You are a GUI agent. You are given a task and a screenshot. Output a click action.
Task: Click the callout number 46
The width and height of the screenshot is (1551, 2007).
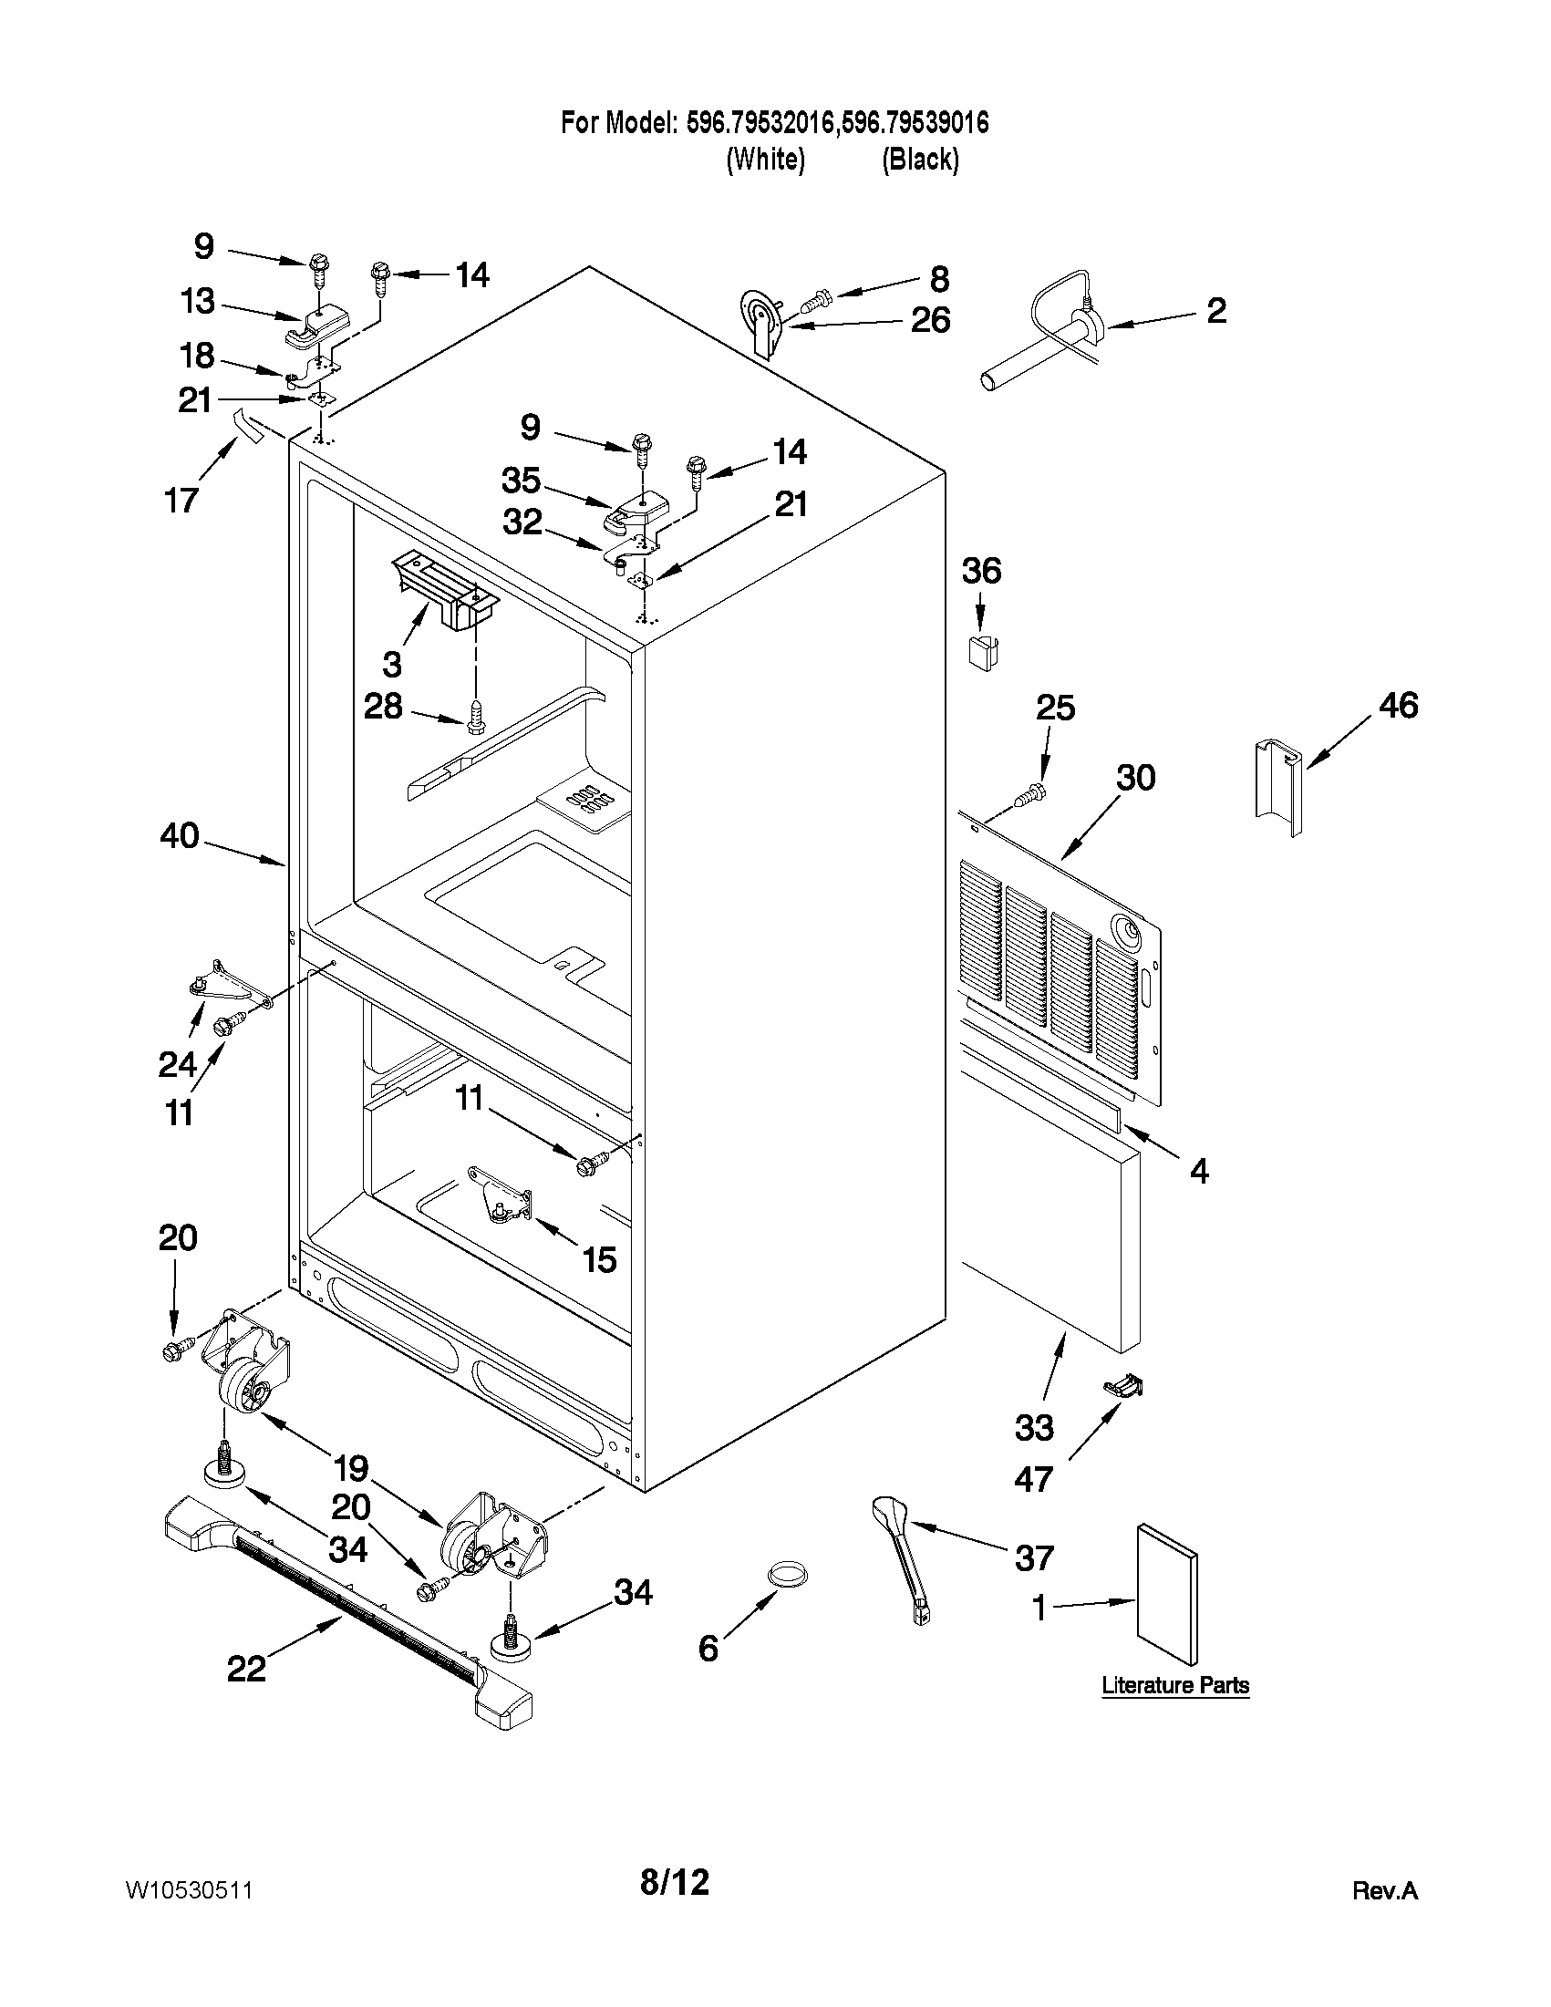tap(1398, 706)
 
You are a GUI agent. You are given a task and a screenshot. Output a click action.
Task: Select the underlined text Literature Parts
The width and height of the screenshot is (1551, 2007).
tap(1175, 1685)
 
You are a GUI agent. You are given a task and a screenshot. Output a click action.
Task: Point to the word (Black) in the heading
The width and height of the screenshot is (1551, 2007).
tap(920, 160)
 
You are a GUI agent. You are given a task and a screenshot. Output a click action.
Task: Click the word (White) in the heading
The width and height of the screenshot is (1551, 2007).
tap(765, 160)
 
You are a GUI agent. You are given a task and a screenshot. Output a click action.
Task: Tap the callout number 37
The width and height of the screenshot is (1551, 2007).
tap(1034, 1557)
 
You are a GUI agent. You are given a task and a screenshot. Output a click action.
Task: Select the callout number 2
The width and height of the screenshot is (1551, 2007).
tap(1215, 311)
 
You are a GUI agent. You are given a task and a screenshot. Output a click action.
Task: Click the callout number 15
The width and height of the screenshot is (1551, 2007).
tap(599, 1259)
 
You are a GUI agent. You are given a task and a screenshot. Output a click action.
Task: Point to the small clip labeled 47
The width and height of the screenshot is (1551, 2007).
tap(1126, 1386)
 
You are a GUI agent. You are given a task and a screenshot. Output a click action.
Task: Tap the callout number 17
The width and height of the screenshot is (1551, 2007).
tap(181, 500)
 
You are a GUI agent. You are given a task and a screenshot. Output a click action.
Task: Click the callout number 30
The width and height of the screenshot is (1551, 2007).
tap(1135, 778)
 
